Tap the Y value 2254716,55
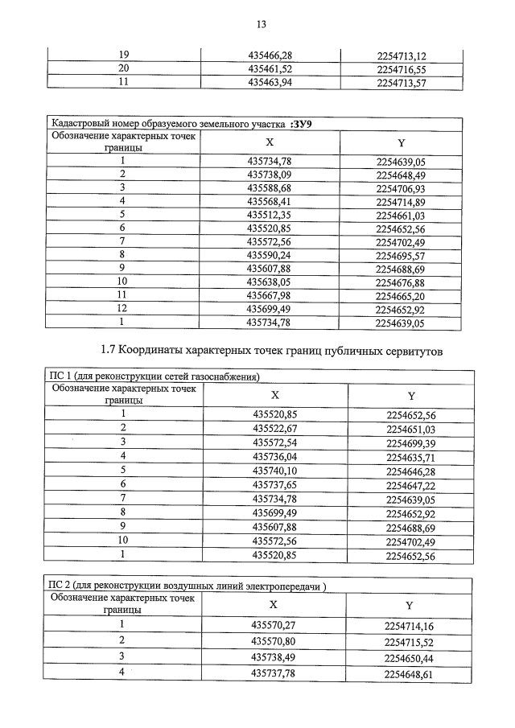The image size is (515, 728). (400, 69)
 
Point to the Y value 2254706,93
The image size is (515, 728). (400, 187)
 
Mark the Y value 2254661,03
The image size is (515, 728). (400, 214)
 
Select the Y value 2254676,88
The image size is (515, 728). (400, 282)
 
